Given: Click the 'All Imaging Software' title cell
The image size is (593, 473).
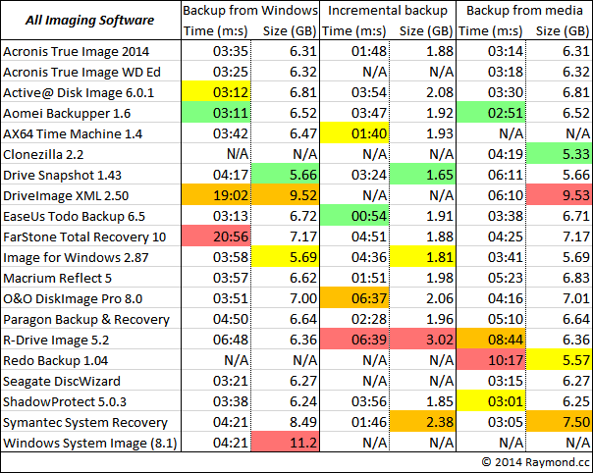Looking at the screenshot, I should tap(90, 21).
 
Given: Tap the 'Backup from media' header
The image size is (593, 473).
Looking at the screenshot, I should tap(525, 11).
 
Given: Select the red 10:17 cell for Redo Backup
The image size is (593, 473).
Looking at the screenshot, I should tap(494, 360).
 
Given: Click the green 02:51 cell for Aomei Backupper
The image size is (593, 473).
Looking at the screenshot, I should tap(494, 112).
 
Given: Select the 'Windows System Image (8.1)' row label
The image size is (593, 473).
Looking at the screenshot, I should tap(86, 443).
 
